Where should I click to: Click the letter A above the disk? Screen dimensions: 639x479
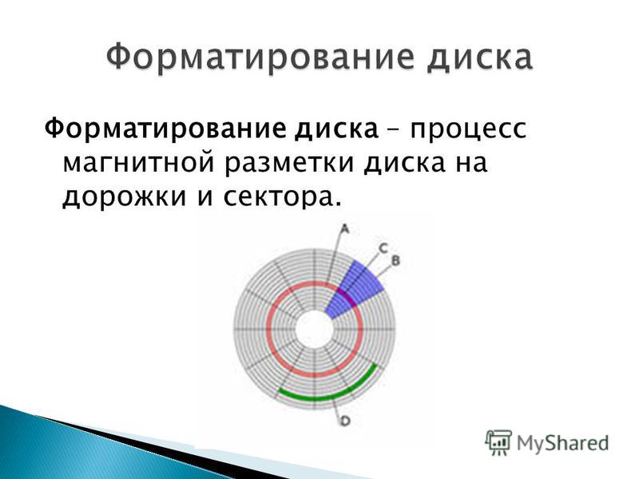[345, 230]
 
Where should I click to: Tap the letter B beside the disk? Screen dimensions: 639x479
[395, 260]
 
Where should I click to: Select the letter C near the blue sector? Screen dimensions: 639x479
[383, 247]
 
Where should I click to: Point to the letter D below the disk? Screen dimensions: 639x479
[345, 421]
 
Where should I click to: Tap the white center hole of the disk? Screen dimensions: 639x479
[314, 329]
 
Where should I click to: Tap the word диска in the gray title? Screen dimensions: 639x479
[479, 58]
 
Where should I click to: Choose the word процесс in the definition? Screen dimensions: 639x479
[468, 130]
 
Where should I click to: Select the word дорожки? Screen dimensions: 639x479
[125, 197]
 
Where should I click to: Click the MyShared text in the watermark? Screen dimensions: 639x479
[563, 443]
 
